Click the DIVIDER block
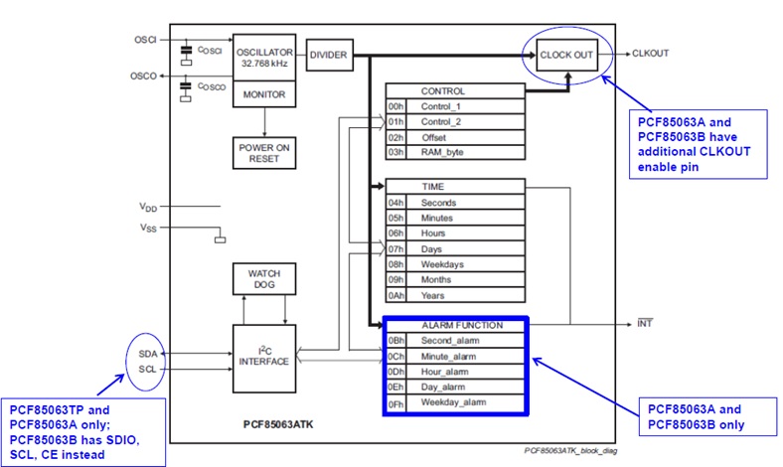pyautogui.click(x=328, y=55)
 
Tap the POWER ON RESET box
pyautogui.click(x=263, y=150)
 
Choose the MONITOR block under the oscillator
pyautogui.click(x=264, y=95)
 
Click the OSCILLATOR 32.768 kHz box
pyautogui.click(x=263, y=55)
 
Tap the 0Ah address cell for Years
pyautogui.click(x=396, y=295)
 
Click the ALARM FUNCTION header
pyautogui.click(x=463, y=325)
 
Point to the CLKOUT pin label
pyautogui.click(x=651, y=52)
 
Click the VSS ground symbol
pyautogui.click(x=221, y=238)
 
